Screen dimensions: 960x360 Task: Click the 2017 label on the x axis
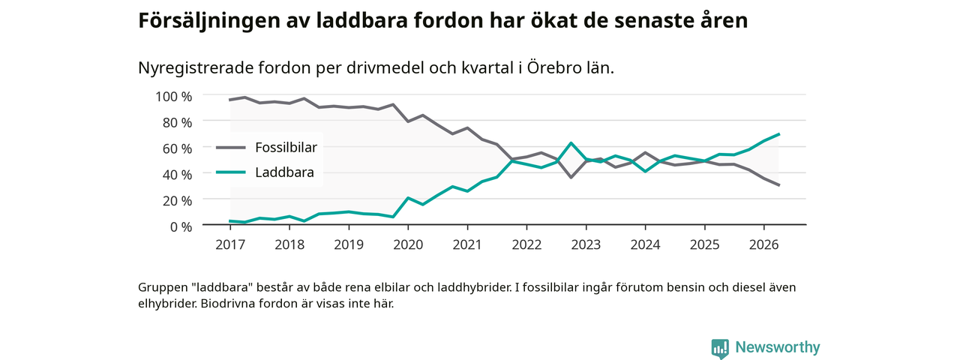230,244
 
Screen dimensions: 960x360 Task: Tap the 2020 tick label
408,244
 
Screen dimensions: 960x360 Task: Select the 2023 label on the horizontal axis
586,244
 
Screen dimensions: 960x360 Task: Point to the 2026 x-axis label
763,244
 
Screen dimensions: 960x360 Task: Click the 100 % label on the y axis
173,97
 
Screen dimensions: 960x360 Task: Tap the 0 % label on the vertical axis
181,226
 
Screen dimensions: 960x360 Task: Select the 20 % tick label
177,200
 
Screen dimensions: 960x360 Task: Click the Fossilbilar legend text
286,148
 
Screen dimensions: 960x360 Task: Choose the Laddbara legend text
284,172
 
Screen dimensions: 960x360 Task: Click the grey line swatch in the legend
231,148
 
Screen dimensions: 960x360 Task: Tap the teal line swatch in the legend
231,172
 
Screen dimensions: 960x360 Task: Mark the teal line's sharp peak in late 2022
571,143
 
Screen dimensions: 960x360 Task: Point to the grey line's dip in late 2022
571,177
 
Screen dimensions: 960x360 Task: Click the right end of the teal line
778,134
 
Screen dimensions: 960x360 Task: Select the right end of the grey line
778,185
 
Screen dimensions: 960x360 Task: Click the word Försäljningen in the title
208,20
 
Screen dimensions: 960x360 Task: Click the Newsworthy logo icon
720,348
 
